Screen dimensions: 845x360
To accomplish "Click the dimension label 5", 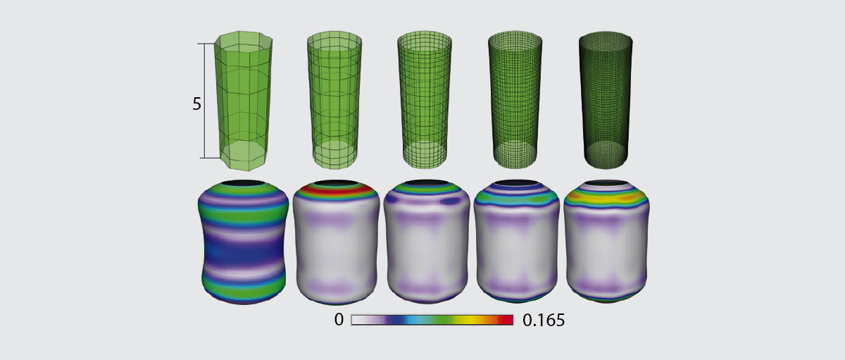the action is [196, 104].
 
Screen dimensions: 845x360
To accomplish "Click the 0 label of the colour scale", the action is [339, 320].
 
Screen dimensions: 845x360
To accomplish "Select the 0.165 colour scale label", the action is [544, 320].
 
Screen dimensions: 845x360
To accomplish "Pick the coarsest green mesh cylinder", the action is [244, 101].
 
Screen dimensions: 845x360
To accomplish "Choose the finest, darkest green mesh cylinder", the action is [606, 100].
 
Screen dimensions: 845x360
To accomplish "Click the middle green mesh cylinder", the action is [425, 100].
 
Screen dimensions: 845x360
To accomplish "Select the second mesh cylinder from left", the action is [334, 100].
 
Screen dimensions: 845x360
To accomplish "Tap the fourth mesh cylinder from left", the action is [515, 100].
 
